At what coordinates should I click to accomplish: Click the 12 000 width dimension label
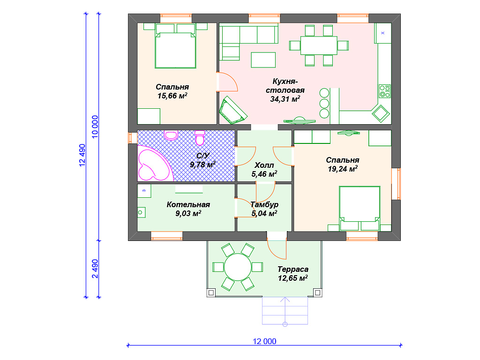coord(264,341)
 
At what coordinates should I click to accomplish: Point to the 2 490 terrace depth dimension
coord(95,269)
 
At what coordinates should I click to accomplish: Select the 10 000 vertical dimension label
coord(95,127)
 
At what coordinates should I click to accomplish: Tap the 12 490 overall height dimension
coord(82,155)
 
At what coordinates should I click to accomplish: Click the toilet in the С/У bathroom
coord(200,137)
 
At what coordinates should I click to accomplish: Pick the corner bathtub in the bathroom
coord(155,164)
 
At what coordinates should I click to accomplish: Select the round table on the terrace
coord(238,267)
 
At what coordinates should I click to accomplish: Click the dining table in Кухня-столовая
coord(319,45)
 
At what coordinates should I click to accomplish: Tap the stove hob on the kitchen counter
coord(384,91)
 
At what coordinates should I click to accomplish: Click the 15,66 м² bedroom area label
coord(172,96)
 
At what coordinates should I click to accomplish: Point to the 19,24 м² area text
coord(343,169)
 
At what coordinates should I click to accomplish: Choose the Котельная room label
coord(188,204)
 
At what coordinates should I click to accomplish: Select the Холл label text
coord(264,165)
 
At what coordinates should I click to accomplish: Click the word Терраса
coord(293,270)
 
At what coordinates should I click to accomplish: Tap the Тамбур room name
coord(264,204)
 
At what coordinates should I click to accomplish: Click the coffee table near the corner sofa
coord(263,60)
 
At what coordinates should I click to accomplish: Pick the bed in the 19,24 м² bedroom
coord(360,209)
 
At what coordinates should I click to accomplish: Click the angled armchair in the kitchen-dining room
coord(233,110)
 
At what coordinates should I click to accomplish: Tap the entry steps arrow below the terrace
coord(285,311)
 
